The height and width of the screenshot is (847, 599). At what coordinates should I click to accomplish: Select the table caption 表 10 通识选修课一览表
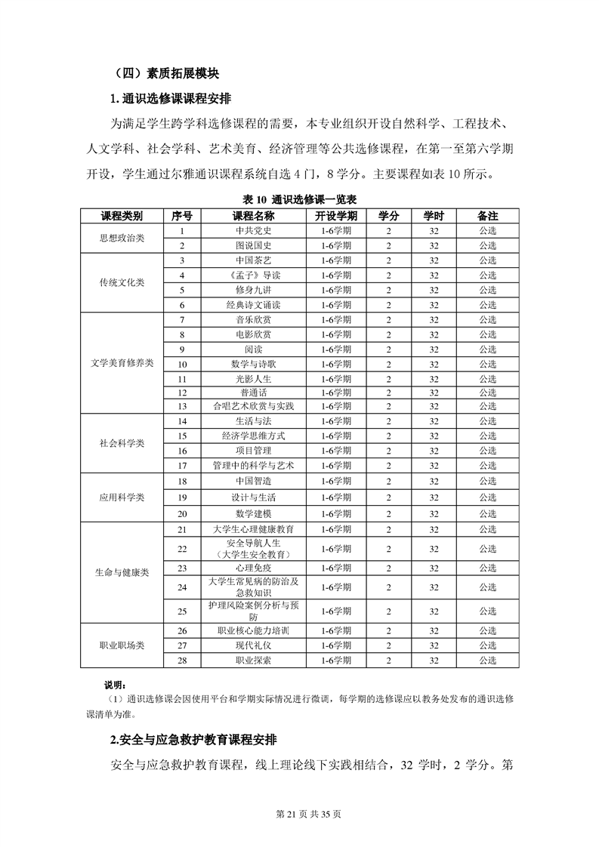point(299,199)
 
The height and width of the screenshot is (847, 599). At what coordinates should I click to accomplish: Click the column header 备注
point(487,216)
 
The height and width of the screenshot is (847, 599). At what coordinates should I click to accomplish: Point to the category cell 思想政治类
point(122,238)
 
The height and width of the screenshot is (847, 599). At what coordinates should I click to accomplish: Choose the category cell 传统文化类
point(122,282)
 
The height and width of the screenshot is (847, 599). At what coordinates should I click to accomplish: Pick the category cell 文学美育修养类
point(122,363)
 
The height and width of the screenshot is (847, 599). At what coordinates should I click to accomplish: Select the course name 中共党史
point(253,230)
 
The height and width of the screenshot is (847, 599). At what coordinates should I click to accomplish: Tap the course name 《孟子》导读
point(253,275)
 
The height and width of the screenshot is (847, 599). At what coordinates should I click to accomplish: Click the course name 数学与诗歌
point(253,363)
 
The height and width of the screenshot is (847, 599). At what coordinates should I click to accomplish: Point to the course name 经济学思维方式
point(253,436)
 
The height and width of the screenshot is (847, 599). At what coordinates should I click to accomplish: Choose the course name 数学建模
point(253,513)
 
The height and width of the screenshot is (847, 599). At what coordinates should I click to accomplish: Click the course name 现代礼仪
point(253,645)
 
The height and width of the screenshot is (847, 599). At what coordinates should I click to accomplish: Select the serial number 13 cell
point(182,406)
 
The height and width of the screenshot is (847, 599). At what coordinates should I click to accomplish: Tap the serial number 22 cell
point(182,549)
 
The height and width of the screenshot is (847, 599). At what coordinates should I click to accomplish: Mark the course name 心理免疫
point(253,568)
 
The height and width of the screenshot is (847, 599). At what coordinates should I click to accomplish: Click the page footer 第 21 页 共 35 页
point(299,815)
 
